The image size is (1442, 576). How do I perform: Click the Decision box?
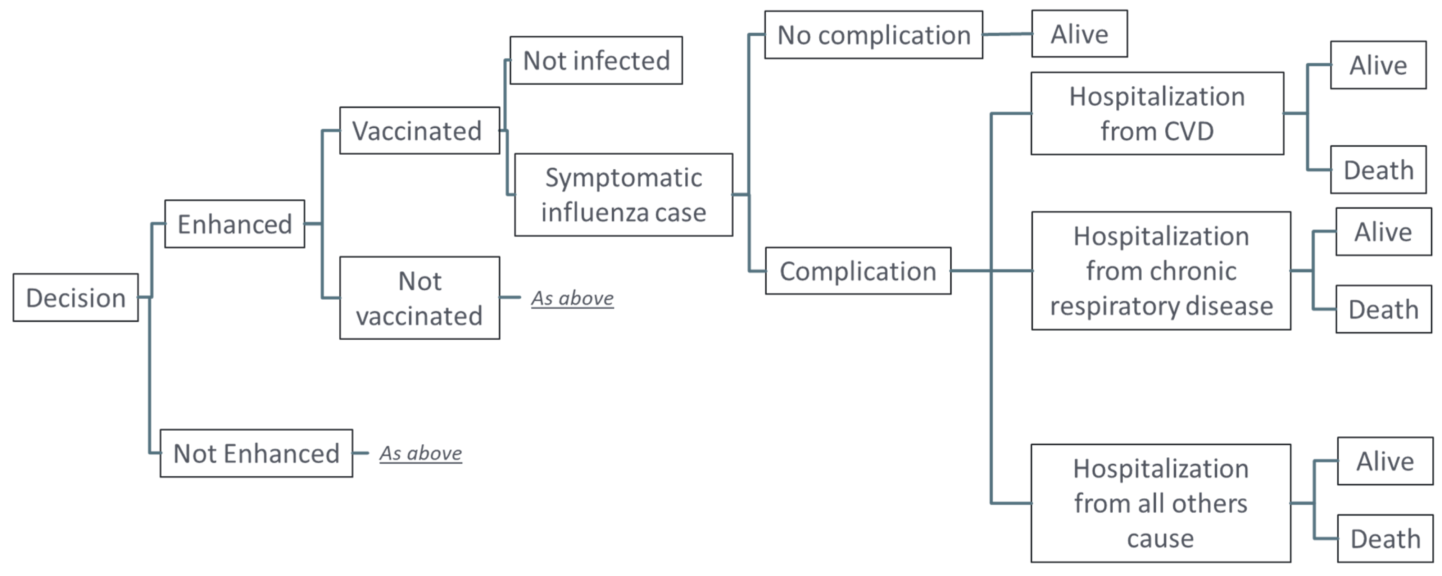pyautogui.click(x=76, y=297)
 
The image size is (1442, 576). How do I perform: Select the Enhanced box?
pyautogui.click(x=235, y=224)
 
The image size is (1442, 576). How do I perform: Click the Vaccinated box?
pyautogui.click(x=419, y=131)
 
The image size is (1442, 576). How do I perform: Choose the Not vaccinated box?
pyautogui.click(x=419, y=298)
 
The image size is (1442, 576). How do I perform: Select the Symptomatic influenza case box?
pyautogui.click(x=623, y=195)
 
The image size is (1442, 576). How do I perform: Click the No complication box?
pyautogui.click(x=873, y=35)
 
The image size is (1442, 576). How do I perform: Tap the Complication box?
pyautogui.click(x=858, y=271)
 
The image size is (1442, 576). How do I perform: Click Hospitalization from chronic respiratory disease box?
pyautogui.click(x=1161, y=271)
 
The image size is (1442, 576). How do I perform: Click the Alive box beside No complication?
pyautogui.click(x=1079, y=33)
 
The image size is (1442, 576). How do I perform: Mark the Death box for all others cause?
pyautogui.click(x=1385, y=539)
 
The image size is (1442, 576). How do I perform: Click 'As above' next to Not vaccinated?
pyautogui.click(x=572, y=298)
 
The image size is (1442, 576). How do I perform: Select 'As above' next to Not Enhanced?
pyautogui.click(x=420, y=453)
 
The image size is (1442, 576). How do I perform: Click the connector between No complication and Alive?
pyautogui.click(x=1007, y=34)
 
